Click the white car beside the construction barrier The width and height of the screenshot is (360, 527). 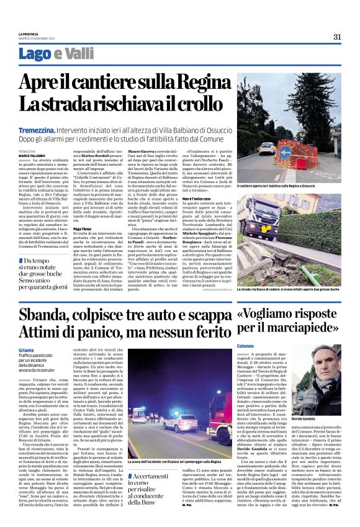pos(267,148)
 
